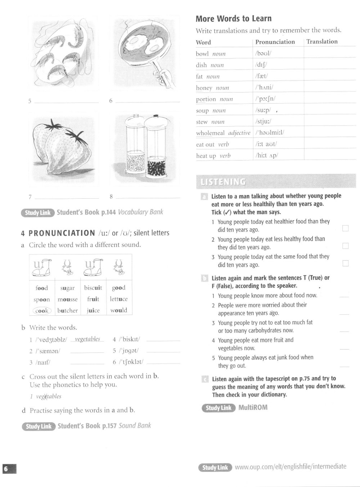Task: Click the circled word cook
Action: (x=42, y=311)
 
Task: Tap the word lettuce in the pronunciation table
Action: (x=119, y=299)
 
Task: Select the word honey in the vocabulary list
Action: (x=204, y=88)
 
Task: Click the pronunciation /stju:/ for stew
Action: (x=264, y=122)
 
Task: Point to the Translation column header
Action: (x=322, y=41)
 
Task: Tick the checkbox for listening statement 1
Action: (x=346, y=228)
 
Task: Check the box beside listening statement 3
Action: (x=346, y=263)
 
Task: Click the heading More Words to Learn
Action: (x=234, y=19)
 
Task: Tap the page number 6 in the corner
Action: (x=6, y=469)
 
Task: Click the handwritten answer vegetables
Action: (x=87, y=339)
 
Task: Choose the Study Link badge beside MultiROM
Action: (x=218, y=408)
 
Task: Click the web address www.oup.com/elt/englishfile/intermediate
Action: (x=291, y=467)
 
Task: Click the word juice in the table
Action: (x=93, y=310)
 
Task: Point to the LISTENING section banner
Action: (x=275, y=182)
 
